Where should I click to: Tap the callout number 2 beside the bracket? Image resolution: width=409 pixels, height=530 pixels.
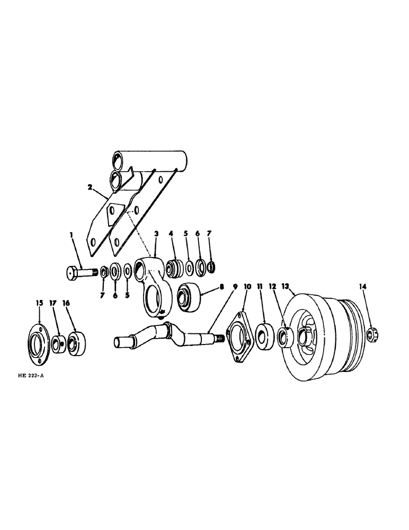point(91,188)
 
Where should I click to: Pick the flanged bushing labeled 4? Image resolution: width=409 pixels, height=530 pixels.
point(174,269)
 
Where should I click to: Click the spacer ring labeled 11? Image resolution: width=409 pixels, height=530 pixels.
point(264,337)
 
